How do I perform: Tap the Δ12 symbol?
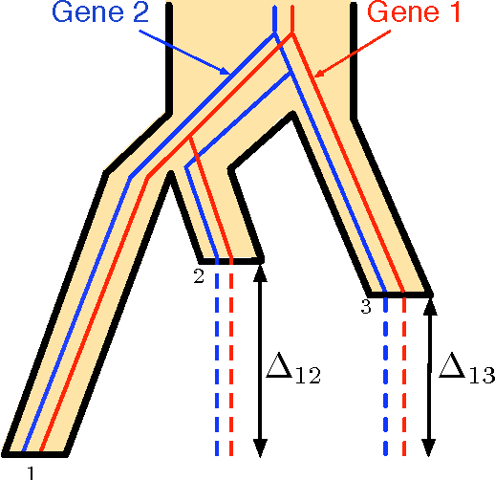pyautogui.click(x=291, y=368)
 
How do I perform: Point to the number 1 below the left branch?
pyautogui.click(x=32, y=470)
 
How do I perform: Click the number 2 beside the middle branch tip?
pyautogui.click(x=199, y=276)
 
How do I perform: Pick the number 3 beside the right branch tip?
pyautogui.click(x=365, y=306)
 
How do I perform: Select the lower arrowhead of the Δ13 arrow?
pyautogui.click(x=429, y=447)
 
